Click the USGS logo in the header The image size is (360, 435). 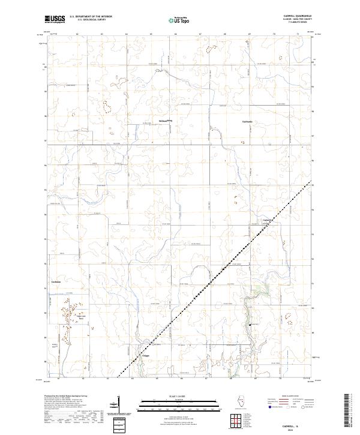tap(55, 20)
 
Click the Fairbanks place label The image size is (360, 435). tap(248, 121)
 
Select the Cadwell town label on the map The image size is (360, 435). tap(268, 220)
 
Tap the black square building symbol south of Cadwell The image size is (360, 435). tap(250, 325)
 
